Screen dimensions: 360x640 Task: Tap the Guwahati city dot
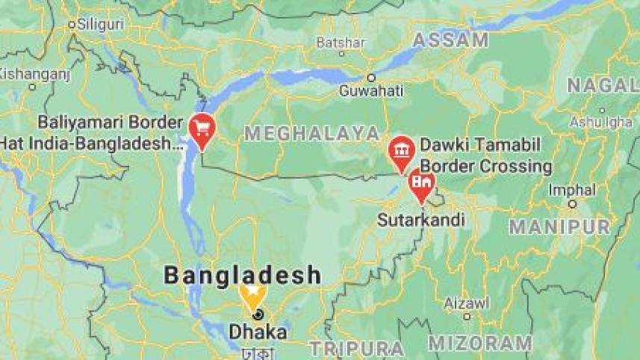370,77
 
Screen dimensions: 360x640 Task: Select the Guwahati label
371,92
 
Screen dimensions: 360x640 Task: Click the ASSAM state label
450,40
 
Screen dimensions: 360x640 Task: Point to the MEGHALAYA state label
312,134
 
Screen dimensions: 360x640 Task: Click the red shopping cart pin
202,128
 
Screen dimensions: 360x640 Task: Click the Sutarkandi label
421,220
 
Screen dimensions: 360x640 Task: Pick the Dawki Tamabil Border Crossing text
486,155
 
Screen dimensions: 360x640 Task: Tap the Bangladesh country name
243,275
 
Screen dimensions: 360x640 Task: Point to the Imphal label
572,190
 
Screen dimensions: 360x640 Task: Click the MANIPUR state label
559,226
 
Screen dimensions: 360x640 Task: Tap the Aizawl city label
467,302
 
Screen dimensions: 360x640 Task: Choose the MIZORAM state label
480,343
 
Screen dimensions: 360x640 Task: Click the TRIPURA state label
357,349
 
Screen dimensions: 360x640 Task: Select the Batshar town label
341,42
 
